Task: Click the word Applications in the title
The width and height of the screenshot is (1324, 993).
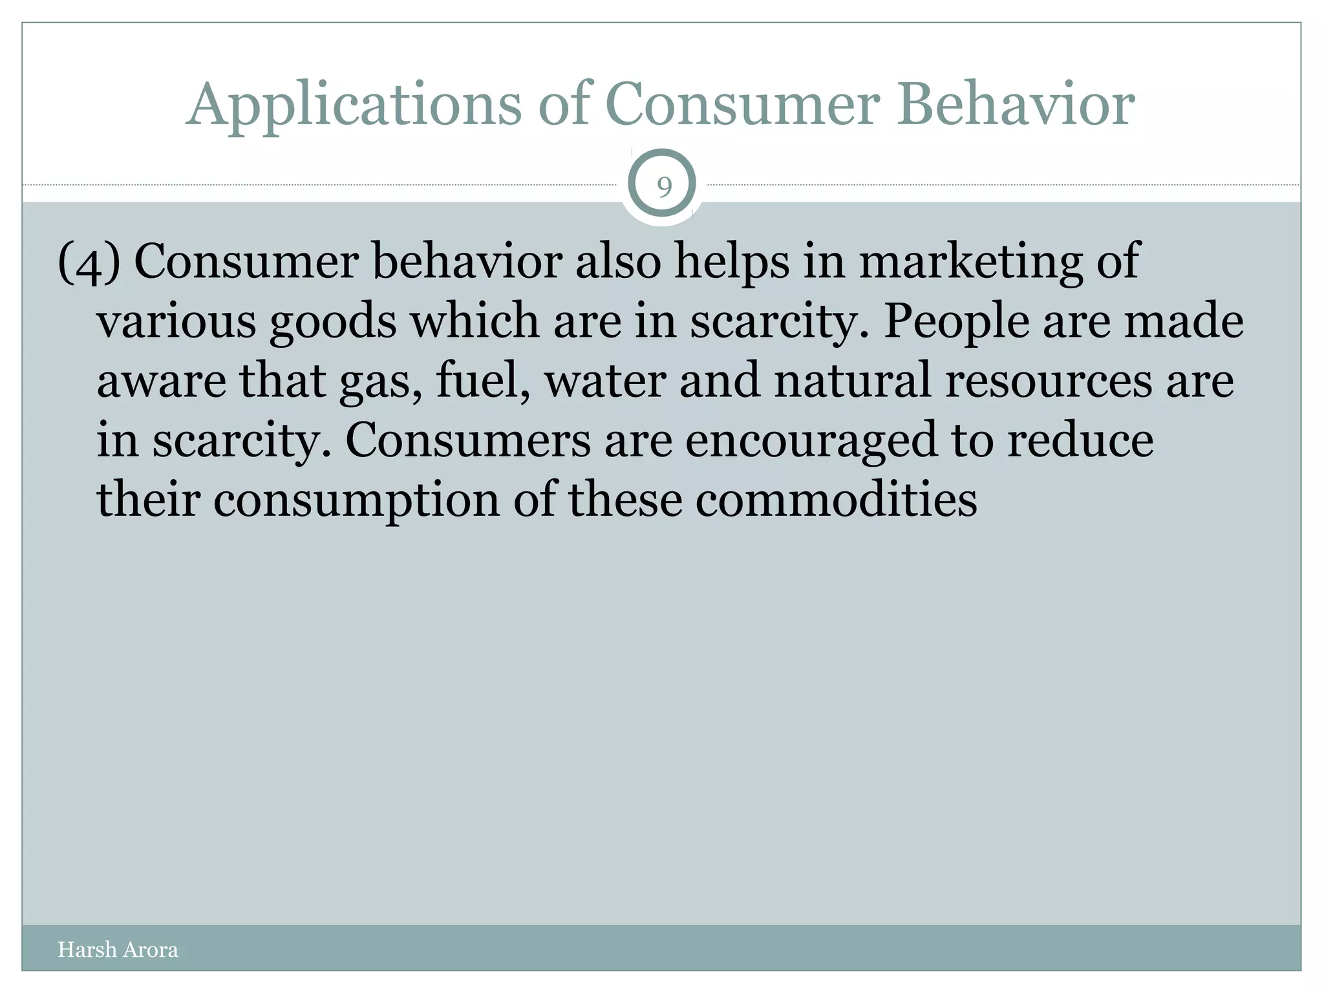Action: click(x=354, y=105)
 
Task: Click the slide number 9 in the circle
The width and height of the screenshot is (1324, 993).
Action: click(x=663, y=187)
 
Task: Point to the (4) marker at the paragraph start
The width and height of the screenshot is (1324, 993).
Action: click(x=89, y=263)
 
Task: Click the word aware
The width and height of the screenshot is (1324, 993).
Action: click(x=162, y=381)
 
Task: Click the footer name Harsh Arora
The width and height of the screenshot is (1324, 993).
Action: click(x=118, y=950)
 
